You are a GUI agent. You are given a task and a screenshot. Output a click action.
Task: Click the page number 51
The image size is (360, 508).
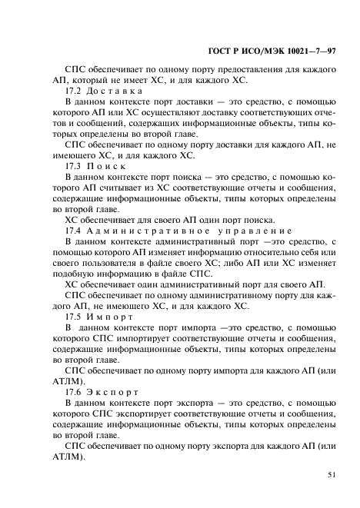[x=332, y=475]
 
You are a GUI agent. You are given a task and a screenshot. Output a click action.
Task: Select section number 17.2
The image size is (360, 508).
[x=73, y=91]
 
